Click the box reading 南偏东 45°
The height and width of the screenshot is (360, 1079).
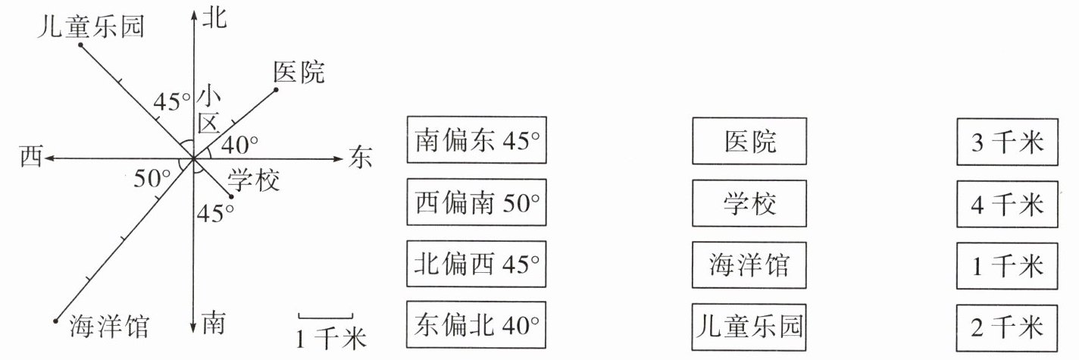tap(477, 140)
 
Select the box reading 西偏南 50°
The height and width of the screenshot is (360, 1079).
tap(477, 202)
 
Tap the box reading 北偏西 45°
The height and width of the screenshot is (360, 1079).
tap(477, 264)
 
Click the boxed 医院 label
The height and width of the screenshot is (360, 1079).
tap(749, 140)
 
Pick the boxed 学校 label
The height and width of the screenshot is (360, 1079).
tap(749, 202)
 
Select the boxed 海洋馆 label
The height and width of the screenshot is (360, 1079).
tap(749, 265)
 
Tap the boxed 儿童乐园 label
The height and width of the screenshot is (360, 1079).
tap(749, 327)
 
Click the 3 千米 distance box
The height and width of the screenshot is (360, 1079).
tap(1007, 141)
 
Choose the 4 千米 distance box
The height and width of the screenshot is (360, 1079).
tap(1007, 203)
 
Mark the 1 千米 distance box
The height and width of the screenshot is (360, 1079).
tap(1007, 265)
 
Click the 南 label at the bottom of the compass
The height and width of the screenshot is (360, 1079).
tap(214, 325)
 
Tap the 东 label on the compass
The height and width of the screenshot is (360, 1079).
tap(361, 158)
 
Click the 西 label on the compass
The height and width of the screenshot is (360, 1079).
tap(31, 157)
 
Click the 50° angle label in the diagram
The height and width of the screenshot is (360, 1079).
tap(151, 179)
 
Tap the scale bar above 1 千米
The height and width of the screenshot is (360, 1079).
tap(325, 317)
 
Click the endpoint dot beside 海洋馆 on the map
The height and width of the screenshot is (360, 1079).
tap(56, 321)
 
